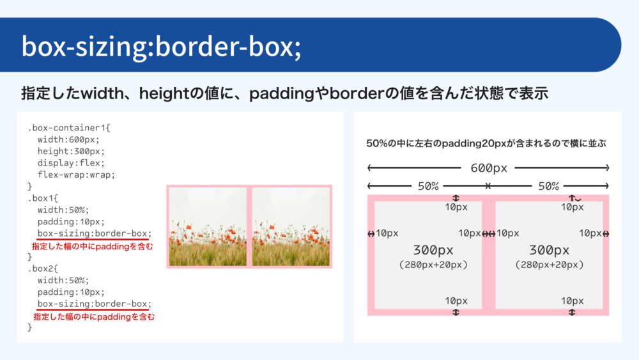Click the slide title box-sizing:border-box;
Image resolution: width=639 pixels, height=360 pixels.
click(161, 47)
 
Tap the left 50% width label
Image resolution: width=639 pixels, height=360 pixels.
click(428, 186)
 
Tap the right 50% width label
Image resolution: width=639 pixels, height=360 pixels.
click(548, 186)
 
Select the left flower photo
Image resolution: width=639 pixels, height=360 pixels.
click(208, 227)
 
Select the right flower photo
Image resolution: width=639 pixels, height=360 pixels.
click(291, 227)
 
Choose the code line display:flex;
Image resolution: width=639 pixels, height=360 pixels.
click(71, 163)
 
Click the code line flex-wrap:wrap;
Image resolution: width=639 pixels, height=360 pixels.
click(76, 175)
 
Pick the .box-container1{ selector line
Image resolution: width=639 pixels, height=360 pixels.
click(69, 128)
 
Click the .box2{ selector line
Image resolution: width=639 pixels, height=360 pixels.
click(43, 269)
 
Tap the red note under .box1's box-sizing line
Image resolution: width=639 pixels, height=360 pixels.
click(93, 246)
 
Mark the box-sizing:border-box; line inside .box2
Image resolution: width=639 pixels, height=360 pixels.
click(94, 304)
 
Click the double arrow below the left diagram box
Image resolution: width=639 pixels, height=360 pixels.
click(456, 312)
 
